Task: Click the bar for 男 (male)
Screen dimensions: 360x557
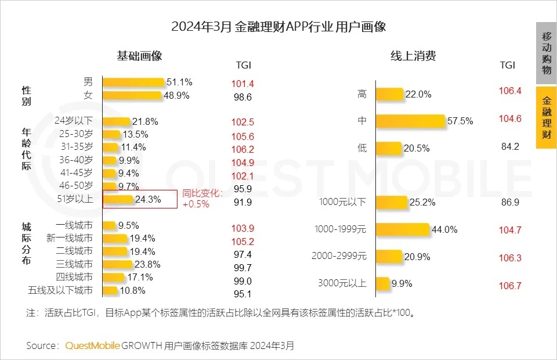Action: pyautogui.click(x=133, y=82)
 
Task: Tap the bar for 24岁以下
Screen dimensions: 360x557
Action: pyautogui.click(x=116, y=121)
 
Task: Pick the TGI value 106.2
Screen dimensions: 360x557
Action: pyautogui.click(x=243, y=149)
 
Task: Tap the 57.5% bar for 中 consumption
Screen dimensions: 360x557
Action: pyautogui.click(x=410, y=121)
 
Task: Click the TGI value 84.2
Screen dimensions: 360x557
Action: pyautogui.click(x=510, y=147)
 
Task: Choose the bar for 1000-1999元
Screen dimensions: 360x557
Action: pyautogui.click(x=402, y=230)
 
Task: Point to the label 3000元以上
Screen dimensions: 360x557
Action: pyautogui.click(x=342, y=283)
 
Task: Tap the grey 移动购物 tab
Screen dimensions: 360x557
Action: pyautogui.click(x=546, y=53)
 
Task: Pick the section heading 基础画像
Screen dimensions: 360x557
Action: pyautogui.click(x=139, y=56)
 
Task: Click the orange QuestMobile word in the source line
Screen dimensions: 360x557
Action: pyautogui.click(x=92, y=345)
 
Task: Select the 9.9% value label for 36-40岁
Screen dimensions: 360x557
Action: pyautogui.click(x=128, y=160)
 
